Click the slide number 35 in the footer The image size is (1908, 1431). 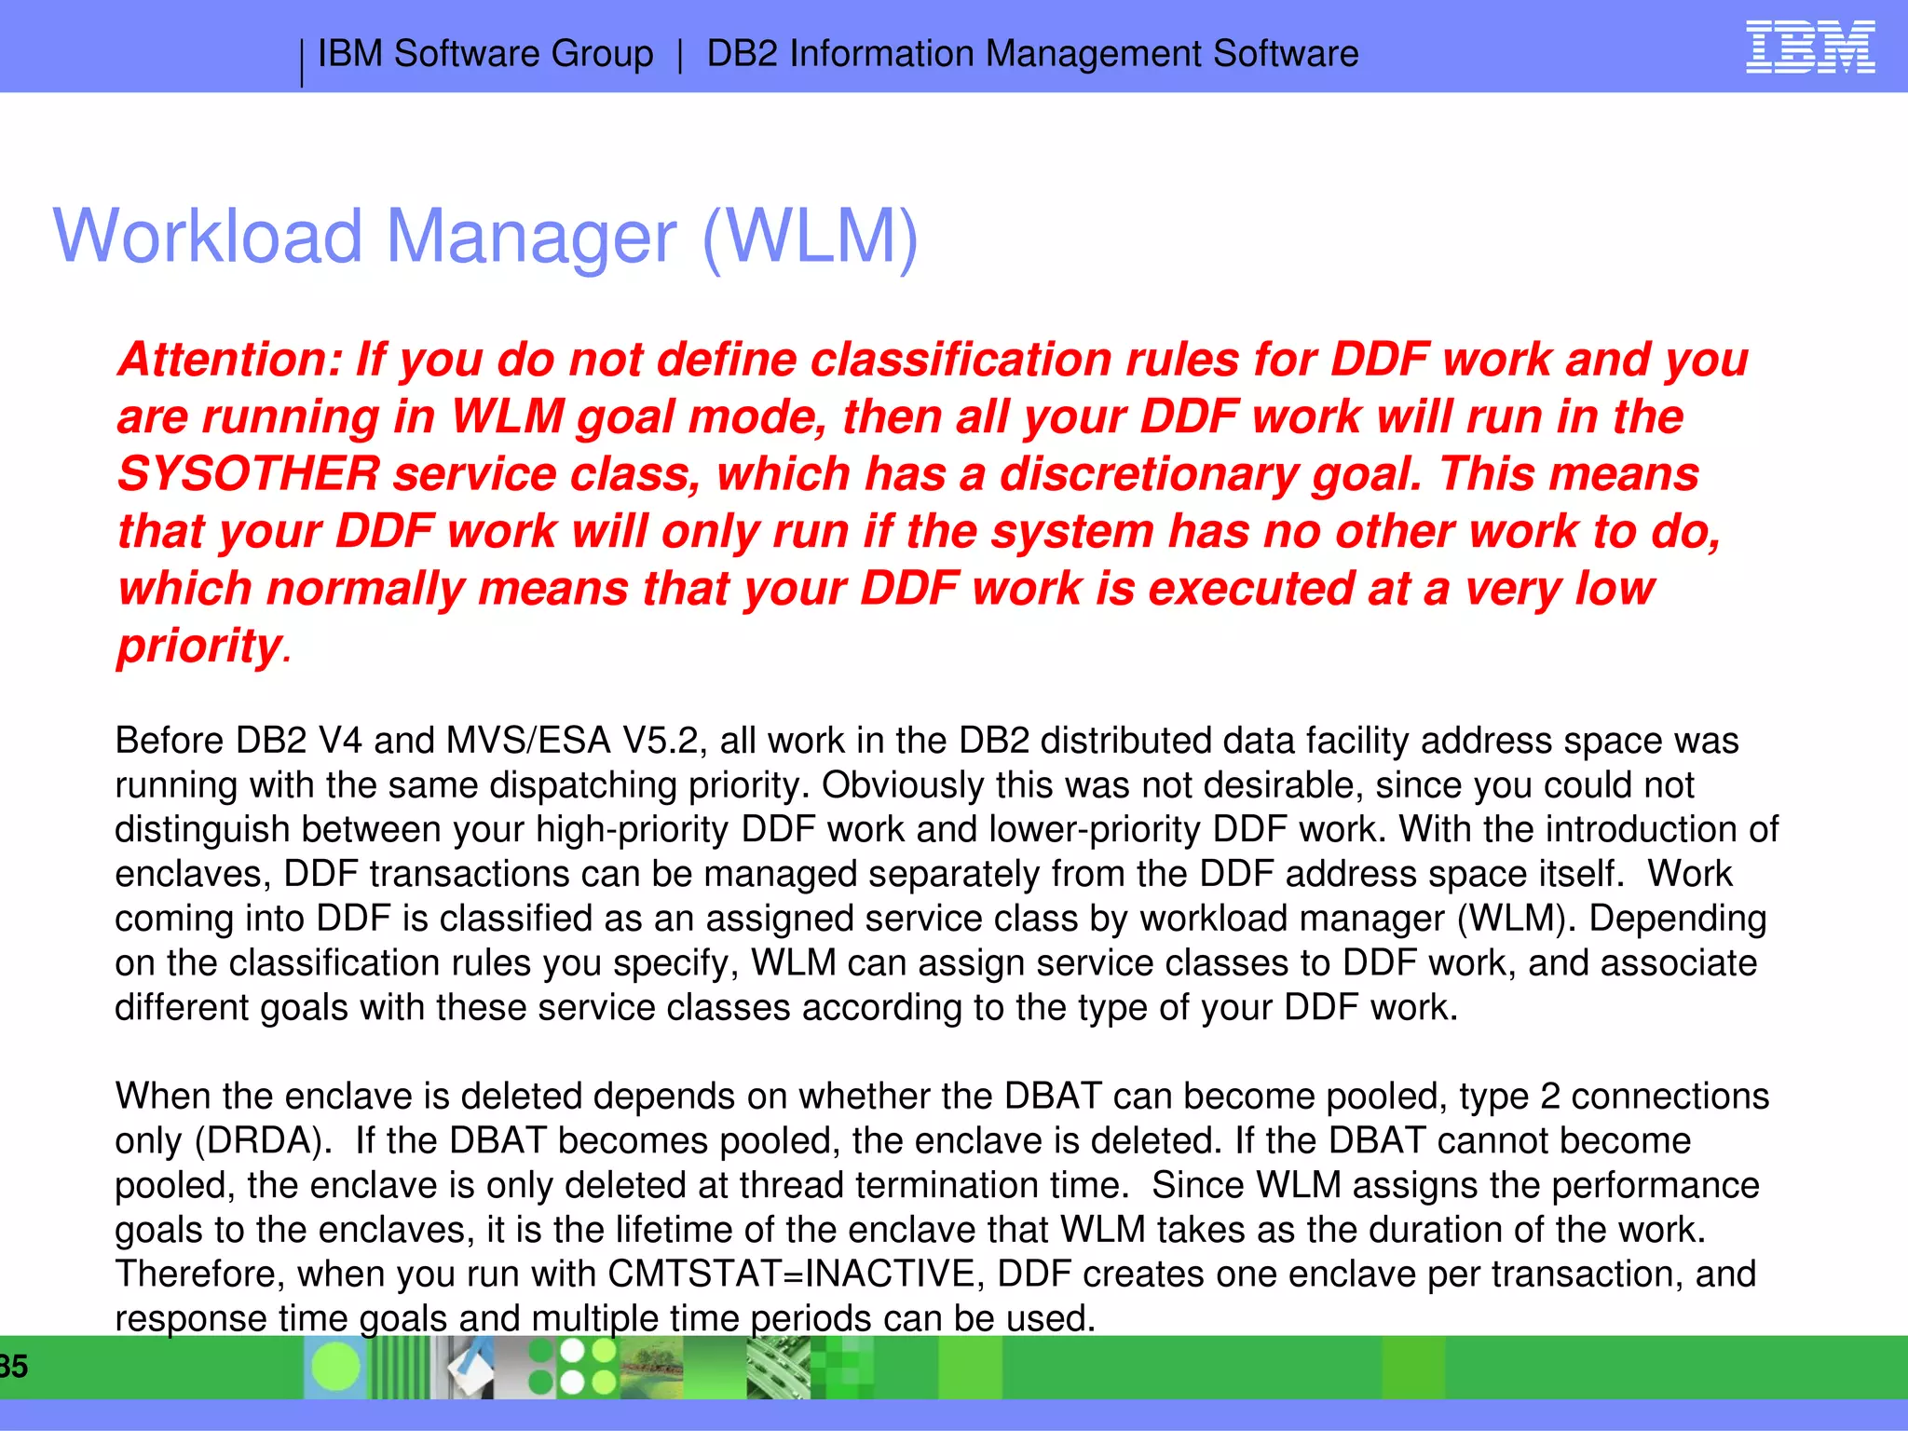[x=13, y=1367]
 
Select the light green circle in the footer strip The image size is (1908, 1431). [x=335, y=1367]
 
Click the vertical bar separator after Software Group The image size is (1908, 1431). [x=680, y=54]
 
